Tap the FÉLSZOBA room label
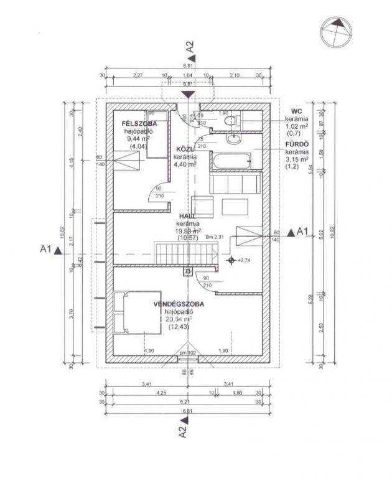[139, 124]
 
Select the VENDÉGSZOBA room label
[179, 304]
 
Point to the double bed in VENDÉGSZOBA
[128, 313]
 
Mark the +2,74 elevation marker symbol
[231, 260]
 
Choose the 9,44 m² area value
[138, 139]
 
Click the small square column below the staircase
[186, 271]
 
